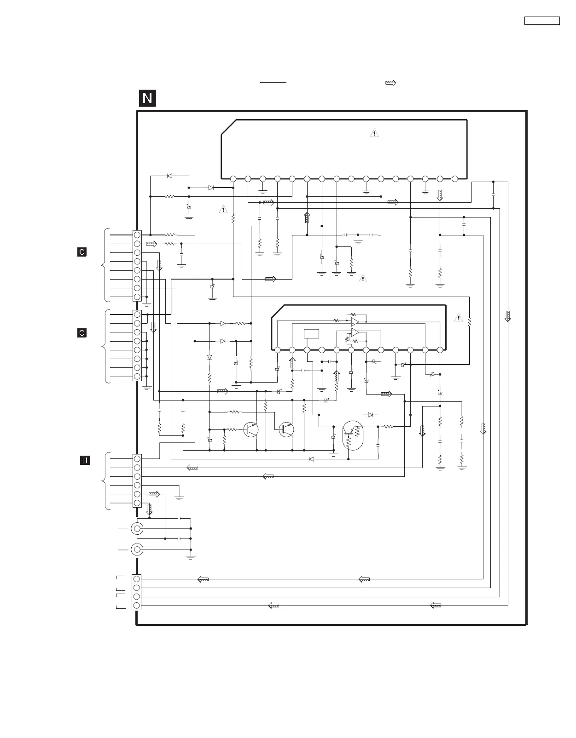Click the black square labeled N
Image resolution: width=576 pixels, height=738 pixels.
[147, 98]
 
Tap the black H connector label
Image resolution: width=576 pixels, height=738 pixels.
[85, 460]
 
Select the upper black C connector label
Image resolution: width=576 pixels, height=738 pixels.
[82, 252]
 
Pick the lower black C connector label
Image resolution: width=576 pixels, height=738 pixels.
[82, 332]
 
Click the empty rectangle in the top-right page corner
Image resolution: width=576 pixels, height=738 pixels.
[542, 21]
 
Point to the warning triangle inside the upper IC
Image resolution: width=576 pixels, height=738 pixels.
[374, 133]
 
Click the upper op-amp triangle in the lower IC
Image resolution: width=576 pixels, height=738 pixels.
[355, 321]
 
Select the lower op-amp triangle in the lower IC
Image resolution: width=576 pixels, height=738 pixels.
[355, 332]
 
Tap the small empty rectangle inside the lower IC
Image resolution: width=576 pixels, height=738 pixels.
[311, 334]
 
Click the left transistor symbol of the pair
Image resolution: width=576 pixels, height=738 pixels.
[251, 429]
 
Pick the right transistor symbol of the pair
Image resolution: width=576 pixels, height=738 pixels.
[286, 429]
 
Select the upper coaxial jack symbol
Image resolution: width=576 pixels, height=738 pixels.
[137, 529]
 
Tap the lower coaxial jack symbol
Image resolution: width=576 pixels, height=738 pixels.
[137, 549]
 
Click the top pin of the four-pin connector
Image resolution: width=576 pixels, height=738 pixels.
[137, 579]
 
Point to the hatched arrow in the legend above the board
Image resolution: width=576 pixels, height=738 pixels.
[390, 83]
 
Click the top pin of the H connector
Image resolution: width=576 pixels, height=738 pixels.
[137, 458]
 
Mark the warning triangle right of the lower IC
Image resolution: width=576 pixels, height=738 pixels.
[458, 317]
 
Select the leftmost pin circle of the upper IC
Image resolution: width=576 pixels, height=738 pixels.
[233, 178]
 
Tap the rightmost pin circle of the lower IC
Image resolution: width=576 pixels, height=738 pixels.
[440, 350]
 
